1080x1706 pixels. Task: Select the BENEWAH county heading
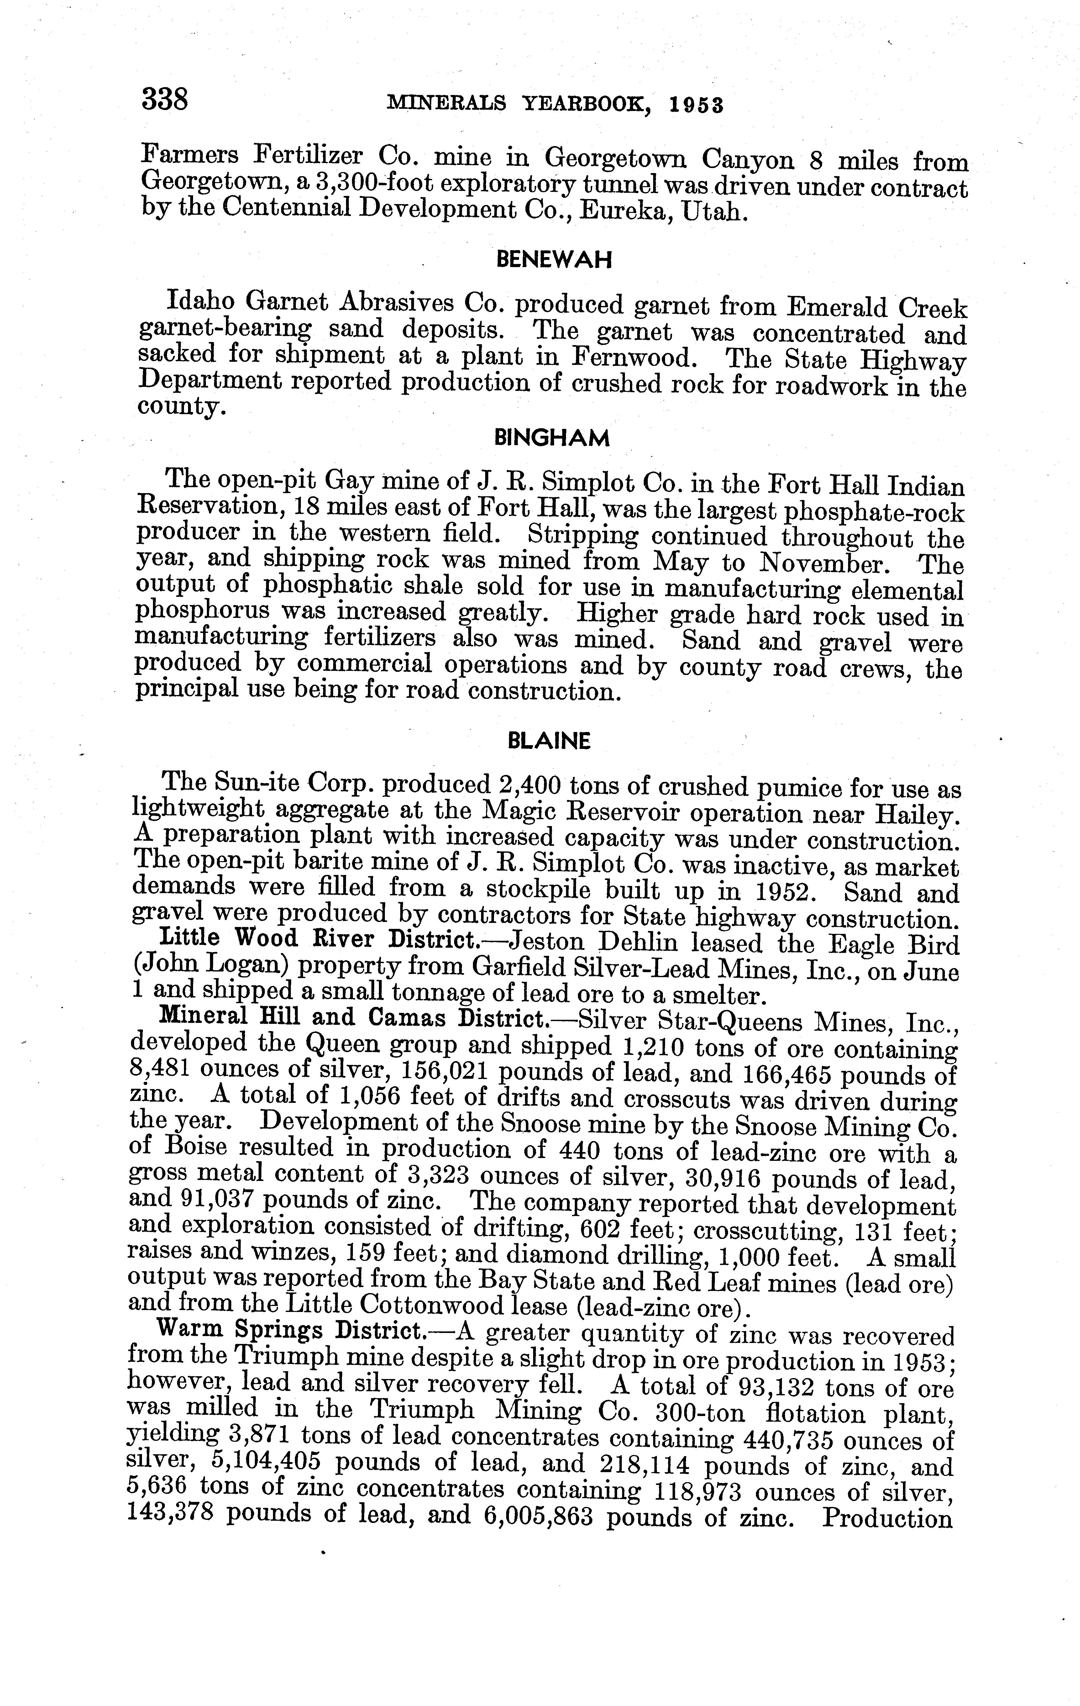553,260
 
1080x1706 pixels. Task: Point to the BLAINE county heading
549,741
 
